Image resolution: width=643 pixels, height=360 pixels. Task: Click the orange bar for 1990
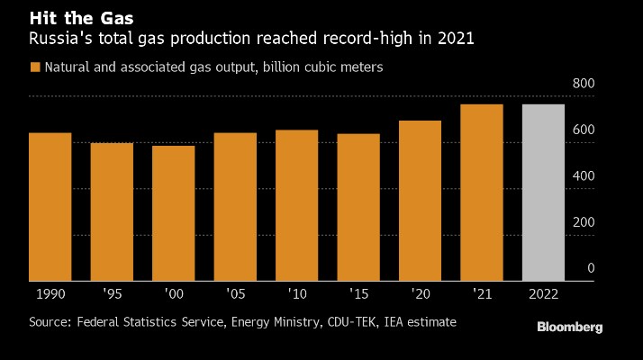pos(50,206)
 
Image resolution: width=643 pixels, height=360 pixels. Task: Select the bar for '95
pos(112,211)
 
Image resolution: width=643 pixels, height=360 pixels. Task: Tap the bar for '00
pos(173,212)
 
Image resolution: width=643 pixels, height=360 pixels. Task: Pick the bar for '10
pos(296,204)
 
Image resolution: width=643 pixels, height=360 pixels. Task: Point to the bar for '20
pos(420,200)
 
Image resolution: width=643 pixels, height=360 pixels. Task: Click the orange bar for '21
pos(481,192)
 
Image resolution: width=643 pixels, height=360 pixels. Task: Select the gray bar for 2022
pos(543,192)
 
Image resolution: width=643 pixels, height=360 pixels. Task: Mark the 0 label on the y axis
pos(591,267)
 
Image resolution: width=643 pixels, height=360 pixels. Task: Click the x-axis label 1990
pos(50,294)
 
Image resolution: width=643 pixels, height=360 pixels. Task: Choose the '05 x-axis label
pos(235,294)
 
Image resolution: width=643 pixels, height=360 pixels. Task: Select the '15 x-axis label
pos(358,294)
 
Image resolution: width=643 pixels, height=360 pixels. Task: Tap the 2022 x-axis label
pos(543,294)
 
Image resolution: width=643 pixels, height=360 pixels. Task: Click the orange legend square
pos(35,67)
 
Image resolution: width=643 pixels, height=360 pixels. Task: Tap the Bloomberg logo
pos(569,328)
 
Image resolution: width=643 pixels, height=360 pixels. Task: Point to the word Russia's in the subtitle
pos(57,39)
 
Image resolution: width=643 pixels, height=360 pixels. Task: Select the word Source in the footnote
pos(49,321)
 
